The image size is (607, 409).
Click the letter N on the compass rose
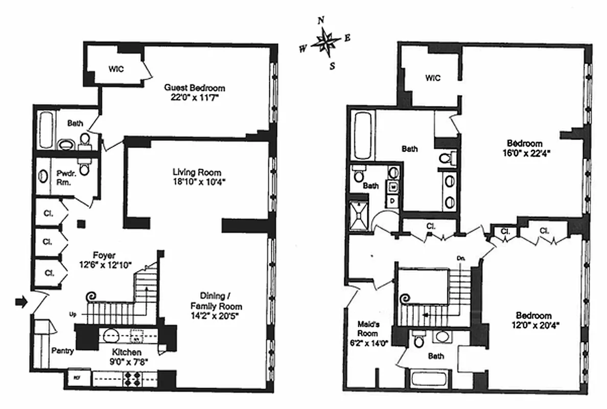321,20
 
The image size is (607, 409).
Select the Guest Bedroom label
195,88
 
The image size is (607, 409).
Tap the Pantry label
63,351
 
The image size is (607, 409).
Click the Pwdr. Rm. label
64,177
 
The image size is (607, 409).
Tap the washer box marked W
393,187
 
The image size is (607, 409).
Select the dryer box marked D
393,201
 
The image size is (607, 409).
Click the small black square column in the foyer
80,223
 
